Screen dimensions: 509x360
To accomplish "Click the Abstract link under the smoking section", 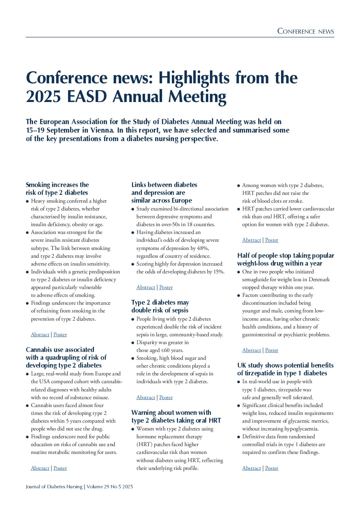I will coord(40,335).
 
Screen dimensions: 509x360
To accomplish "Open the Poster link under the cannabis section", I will coord(60,468).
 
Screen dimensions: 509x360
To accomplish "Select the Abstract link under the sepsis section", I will coord(146,397).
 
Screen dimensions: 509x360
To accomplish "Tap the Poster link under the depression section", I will coord(166,287).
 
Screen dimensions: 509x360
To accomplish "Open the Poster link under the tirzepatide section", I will coord(272,468).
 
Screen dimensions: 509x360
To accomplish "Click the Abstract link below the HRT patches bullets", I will coord(251,240).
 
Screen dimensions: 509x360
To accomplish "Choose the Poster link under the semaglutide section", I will coord(272,350).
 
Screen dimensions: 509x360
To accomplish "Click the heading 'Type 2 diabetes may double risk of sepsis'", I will coord(160,306).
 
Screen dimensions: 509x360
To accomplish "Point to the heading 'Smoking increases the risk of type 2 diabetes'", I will coord(57,189).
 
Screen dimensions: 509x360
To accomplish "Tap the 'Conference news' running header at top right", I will coord(306,32).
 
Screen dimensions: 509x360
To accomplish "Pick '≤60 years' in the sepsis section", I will coord(172,350).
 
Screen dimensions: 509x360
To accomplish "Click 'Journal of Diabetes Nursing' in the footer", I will coord(54,487).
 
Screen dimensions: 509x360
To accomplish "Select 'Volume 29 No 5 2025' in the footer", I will coord(110,487).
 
